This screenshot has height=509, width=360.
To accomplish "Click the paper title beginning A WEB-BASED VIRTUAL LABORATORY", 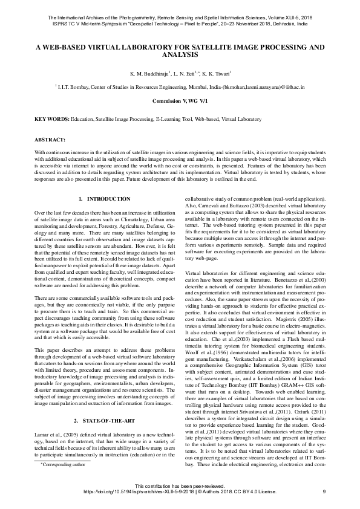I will click(180, 50).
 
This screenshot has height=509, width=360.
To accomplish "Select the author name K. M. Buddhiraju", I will click(146, 73).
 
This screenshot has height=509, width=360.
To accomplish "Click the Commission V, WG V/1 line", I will click(180, 102).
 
